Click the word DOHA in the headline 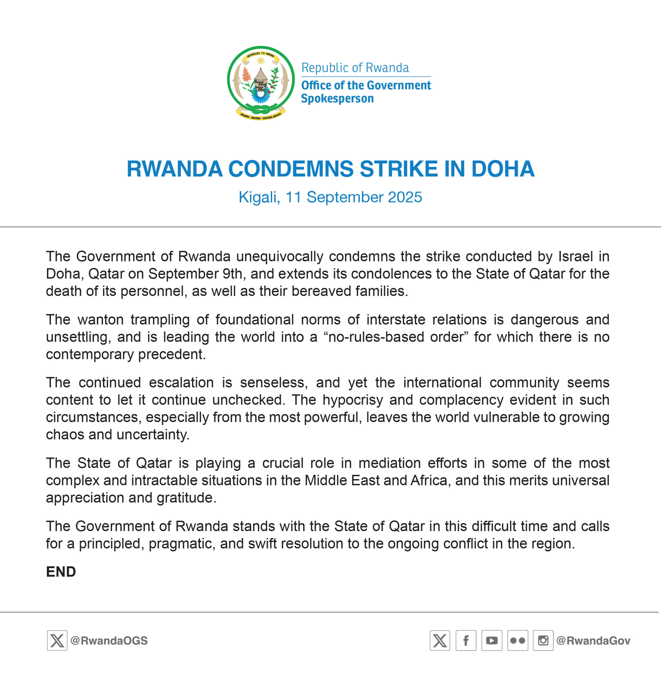(x=503, y=169)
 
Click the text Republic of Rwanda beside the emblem (x=355, y=68)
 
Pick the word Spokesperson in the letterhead (x=337, y=99)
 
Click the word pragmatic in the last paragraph (x=182, y=543)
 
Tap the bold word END (x=61, y=572)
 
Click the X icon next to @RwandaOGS (x=57, y=640)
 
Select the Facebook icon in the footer (x=466, y=640)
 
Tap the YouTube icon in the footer (x=492, y=640)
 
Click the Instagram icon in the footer (x=543, y=640)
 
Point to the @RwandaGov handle (x=593, y=640)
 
